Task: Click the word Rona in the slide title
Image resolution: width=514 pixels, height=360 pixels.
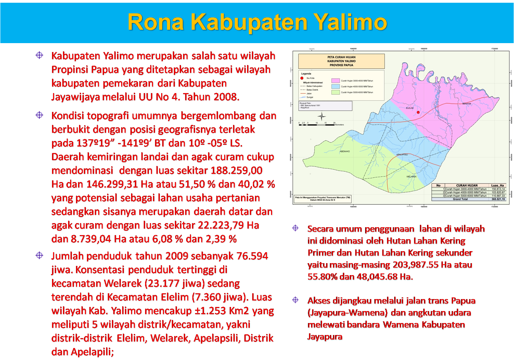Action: coord(156,23)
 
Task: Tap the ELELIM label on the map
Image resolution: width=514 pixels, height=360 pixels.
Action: coord(410,108)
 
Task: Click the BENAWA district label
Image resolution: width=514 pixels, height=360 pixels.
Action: coord(466,103)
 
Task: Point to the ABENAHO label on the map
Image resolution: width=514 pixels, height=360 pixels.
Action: coord(345,151)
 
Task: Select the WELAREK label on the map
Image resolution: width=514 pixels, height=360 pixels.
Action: coord(411,177)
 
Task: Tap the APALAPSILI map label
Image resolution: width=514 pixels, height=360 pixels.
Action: coord(402,154)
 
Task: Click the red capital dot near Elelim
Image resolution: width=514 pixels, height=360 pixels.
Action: coord(418,112)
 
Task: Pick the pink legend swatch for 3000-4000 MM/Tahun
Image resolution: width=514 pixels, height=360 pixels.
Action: coord(335,81)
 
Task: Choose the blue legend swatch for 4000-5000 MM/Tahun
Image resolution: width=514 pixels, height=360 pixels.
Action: coord(335,87)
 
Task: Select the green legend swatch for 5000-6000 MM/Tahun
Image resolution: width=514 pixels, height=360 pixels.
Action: coord(335,92)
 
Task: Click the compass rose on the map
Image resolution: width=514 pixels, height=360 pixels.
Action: coord(321,116)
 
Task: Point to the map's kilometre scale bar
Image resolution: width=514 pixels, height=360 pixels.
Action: coord(317,125)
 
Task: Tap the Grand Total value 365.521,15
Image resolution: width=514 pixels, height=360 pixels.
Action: coord(498,199)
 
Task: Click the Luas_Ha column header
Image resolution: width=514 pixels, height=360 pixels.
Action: coord(497,185)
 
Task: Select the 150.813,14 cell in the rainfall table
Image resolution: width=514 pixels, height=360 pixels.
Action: coord(498,189)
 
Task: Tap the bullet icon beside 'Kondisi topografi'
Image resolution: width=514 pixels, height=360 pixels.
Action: coord(39,115)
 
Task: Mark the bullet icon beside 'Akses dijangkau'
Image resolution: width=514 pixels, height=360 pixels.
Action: coord(295,300)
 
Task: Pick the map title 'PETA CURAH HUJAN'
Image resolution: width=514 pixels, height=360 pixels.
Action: coord(341,57)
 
